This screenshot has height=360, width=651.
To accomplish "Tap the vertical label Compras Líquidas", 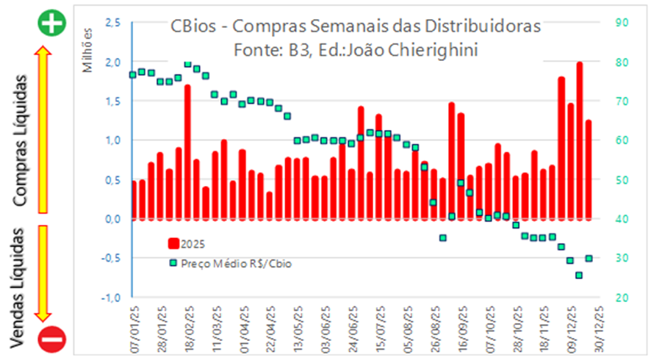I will (24, 138).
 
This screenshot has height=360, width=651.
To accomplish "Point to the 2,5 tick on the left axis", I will (113, 23).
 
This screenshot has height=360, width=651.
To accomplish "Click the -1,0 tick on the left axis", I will (112, 298).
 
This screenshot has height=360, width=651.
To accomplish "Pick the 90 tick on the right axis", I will (621, 23).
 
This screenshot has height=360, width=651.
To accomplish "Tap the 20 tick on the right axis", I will (621, 298).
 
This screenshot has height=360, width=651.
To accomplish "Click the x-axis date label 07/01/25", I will (134, 323).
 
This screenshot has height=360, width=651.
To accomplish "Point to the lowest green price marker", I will (579, 276).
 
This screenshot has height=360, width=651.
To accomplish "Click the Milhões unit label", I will (88, 48).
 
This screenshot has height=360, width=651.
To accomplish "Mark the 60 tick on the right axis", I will (621, 140).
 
